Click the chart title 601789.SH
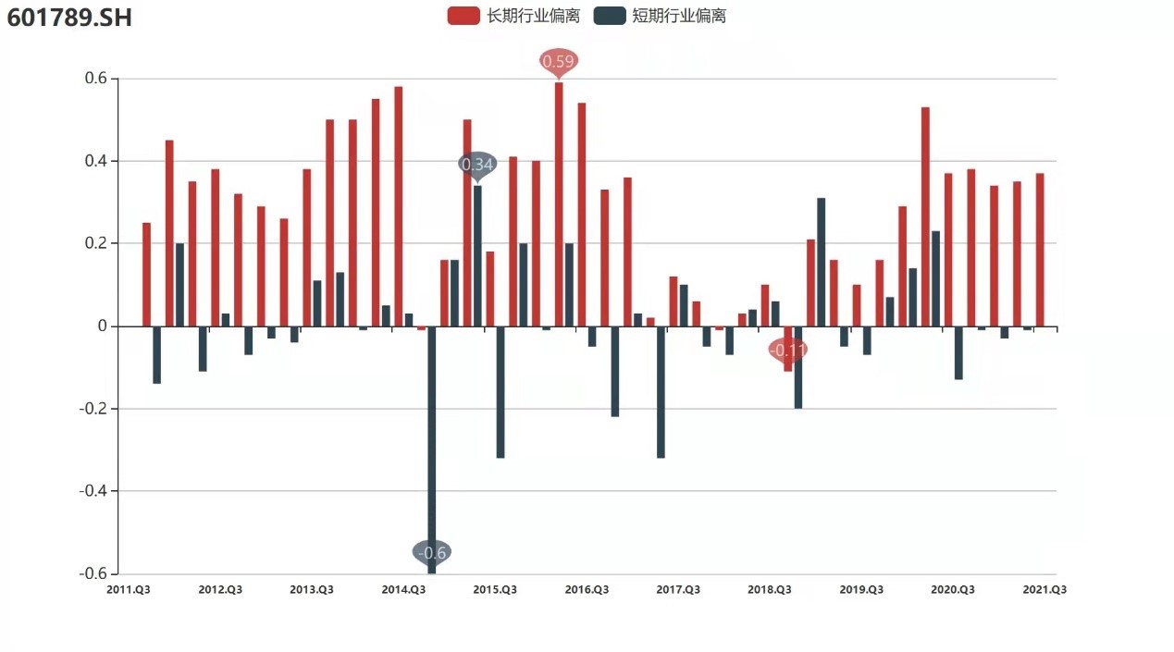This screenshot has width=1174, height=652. pyautogui.click(x=69, y=17)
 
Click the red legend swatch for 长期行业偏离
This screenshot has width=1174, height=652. pyautogui.click(x=463, y=16)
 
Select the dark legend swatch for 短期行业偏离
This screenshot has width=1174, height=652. pyautogui.click(x=609, y=16)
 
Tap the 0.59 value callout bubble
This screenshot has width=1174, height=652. pyautogui.click(x=559, y=62)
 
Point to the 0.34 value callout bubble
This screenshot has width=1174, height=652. pyautogui.click(x=477, y=165)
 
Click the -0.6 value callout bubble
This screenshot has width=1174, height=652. pyautogui.click(x=432, y=552)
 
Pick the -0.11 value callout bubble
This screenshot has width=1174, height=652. pyautogui.click(x=788, y=351)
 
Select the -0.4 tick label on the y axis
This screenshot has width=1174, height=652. pyautogui.click(x=92, y=491)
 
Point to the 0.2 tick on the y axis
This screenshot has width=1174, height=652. pyautogui.click(x=94, y=243)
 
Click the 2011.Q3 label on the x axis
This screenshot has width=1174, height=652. pyautogui.click(x=130, y=589)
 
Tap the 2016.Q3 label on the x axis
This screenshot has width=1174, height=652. pyautogui.click(x=587, y=589)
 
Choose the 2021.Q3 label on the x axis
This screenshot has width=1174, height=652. pyautogui.click(x=1044, y=589)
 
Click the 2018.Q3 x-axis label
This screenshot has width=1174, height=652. pyautogui.click(x=770, y=589)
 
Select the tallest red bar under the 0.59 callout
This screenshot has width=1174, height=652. pyautogui.click(x=559, y=203)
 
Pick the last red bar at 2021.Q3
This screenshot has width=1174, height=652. pyautogui.click(x=1040, y=250)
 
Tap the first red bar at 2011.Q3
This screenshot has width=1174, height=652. pyautogui.click(x=146, y=275)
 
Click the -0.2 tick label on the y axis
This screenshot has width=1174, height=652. pyautogui.click(x=92, y=409)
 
